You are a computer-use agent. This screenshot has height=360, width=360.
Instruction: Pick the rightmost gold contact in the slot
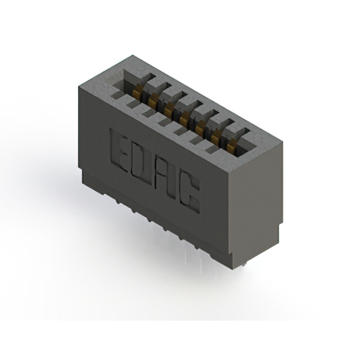pos(231,145)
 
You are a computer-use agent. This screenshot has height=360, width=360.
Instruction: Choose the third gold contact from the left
pos(169,108)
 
